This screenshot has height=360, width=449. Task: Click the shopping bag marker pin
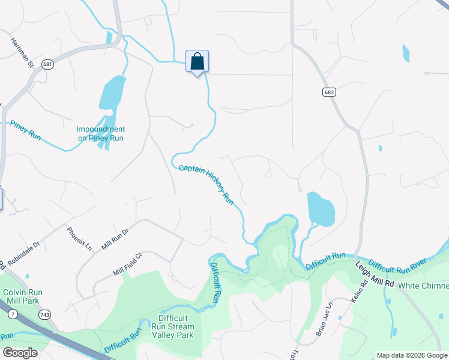197,62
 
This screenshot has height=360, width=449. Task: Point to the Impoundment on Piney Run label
100,133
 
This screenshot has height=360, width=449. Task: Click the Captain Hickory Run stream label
206,184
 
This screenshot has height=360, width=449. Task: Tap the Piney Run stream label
25,130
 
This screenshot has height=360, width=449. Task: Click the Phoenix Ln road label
79,238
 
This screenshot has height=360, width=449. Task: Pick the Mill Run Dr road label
115,239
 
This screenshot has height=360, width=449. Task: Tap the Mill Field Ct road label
127,264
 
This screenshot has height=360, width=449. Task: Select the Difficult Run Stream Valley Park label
176,326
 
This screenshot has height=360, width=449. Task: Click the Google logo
20,353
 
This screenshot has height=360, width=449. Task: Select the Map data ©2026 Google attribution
412,355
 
